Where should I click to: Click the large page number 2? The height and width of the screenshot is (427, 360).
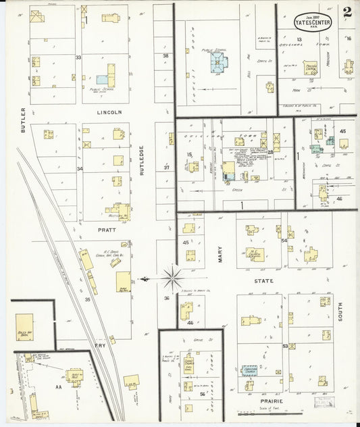click(346, 11)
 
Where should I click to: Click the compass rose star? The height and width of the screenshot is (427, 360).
click(173, 276)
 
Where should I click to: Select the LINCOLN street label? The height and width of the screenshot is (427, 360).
click(109, 112)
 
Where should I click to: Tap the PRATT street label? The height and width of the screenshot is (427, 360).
click(107, 230)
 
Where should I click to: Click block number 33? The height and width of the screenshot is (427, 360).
click(78, 58)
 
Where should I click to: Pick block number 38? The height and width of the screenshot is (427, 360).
click(165, 55)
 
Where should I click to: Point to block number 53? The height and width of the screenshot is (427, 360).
click(284, 346)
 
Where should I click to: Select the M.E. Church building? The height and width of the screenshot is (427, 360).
click(255, 255)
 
